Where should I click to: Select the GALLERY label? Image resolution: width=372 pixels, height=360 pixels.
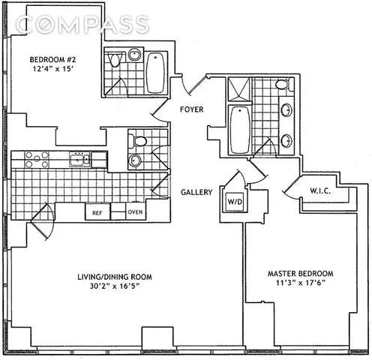point(196,192)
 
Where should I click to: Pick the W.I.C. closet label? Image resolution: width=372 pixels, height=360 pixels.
point(322,192)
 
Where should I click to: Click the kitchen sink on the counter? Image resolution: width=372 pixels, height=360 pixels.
point(78,158)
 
